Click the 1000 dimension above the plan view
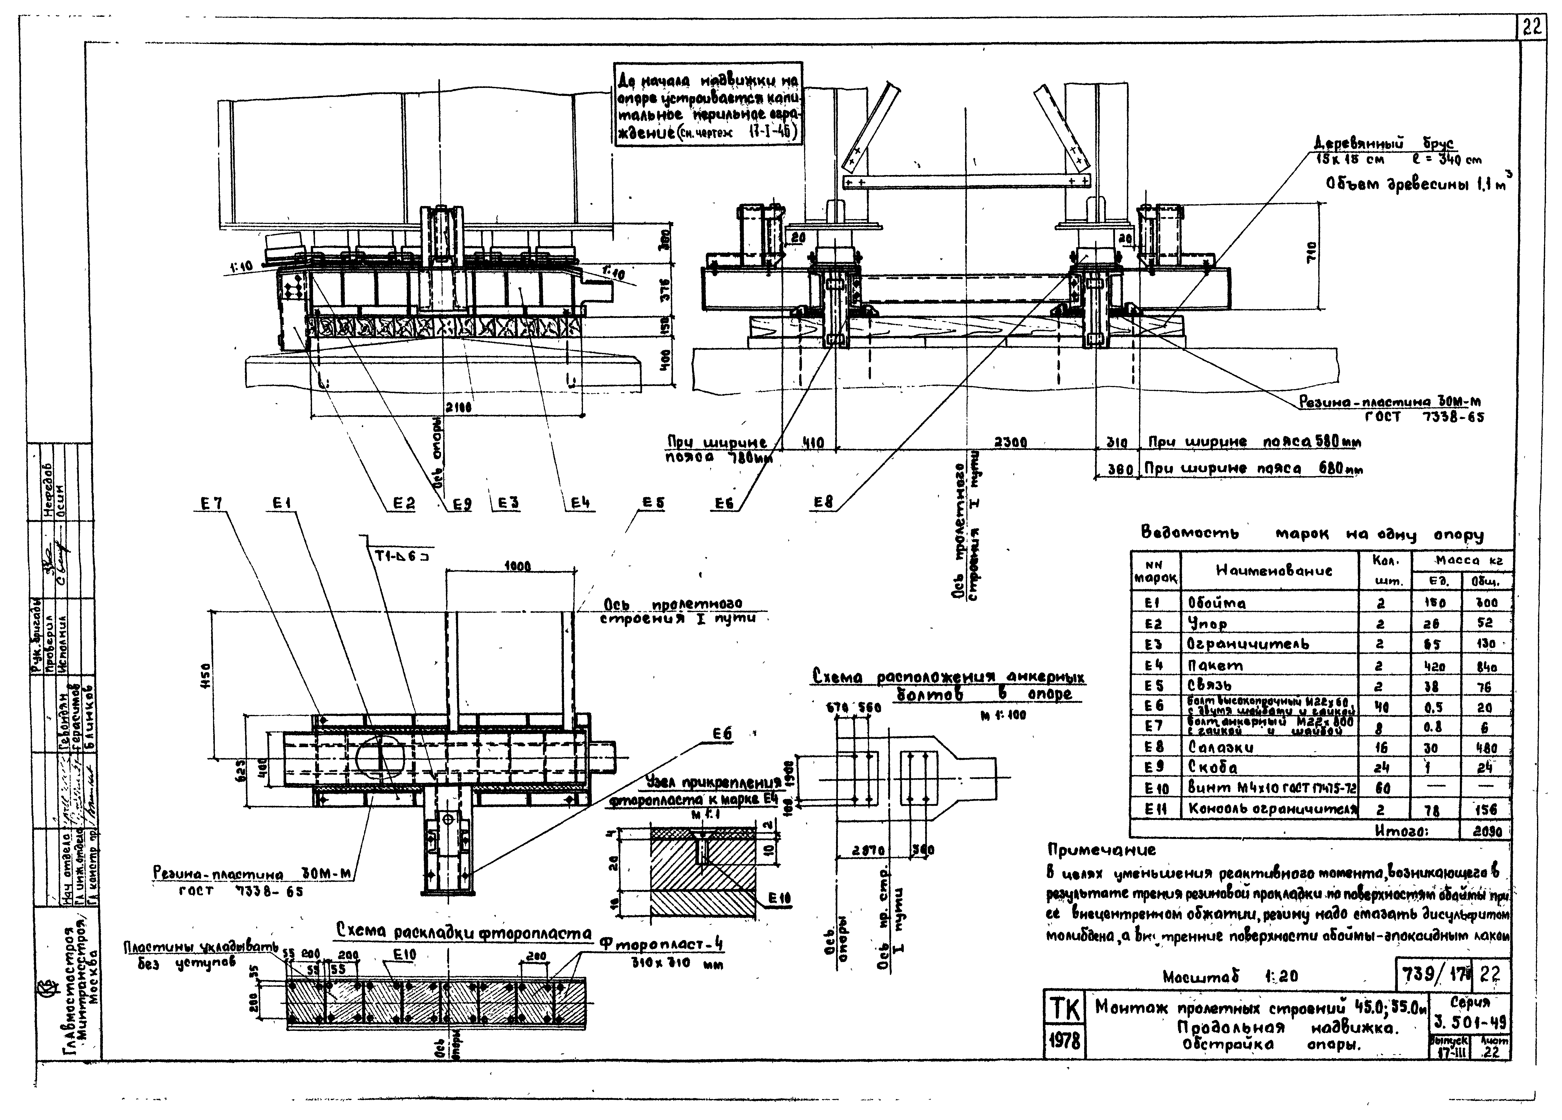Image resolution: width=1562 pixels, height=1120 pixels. pos(517,566)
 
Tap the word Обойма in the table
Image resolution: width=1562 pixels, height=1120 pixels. pos(1217,603)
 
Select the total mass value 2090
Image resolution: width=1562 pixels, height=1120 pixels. pos(1485,831)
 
